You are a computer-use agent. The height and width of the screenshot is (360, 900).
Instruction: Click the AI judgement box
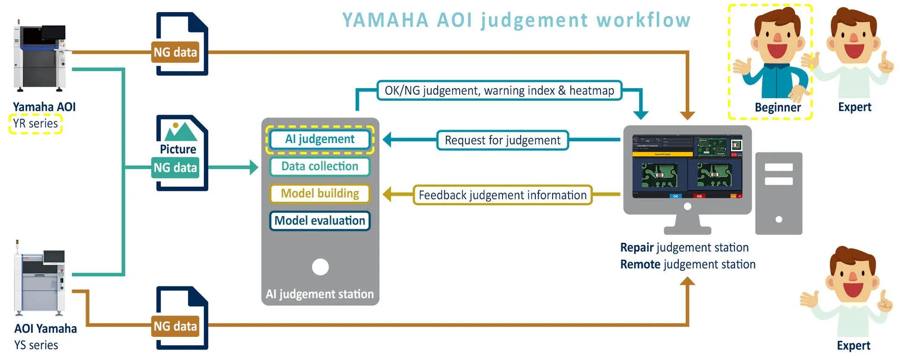pos(320,139)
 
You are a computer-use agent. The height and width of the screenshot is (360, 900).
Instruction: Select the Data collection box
pos(320,166)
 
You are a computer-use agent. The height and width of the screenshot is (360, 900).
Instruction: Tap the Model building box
pos(320,194)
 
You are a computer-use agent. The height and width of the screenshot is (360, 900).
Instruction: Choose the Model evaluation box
pos(320,221)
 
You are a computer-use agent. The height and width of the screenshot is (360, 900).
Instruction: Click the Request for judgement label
pos(502,140)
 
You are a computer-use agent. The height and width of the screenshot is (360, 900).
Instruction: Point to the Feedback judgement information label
pos(502,195)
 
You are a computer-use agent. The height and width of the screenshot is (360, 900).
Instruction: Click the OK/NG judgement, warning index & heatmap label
pos(499,90)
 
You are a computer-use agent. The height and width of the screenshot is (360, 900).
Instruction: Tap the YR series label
pos(36,124)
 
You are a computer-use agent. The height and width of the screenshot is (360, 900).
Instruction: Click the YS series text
pos(36,345)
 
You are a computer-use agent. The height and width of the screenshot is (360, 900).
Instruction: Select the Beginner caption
pos(777,107)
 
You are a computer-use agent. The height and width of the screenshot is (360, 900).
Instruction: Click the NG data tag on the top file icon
pos(175,52)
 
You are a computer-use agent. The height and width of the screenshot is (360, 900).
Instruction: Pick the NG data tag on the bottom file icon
pos(175,326)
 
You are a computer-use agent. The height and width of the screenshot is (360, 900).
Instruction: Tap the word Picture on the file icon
pos(178,149)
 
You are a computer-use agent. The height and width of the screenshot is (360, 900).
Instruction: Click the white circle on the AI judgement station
pos(320,267)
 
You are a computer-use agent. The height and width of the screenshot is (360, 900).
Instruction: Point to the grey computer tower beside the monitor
pos(779,193)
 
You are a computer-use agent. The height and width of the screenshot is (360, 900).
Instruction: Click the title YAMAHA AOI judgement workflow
pos(516,20)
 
